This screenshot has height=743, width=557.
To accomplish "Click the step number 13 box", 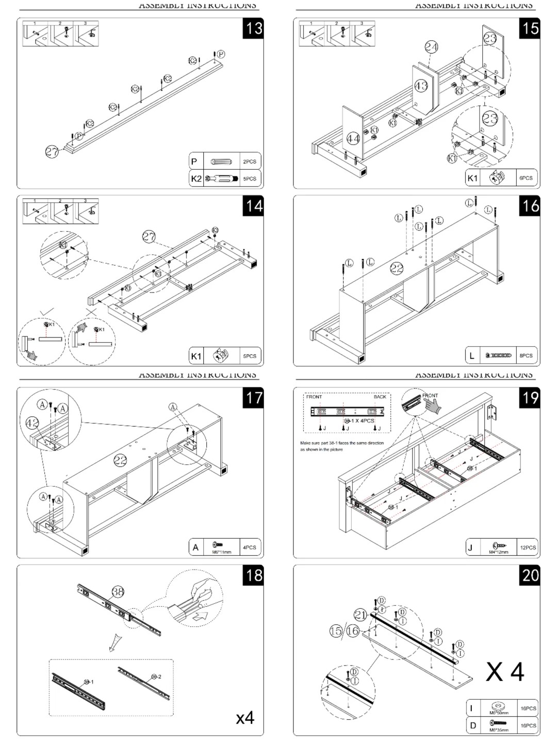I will (x=253, y=28).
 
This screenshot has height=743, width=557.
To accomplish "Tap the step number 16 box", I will (x=530, y=206).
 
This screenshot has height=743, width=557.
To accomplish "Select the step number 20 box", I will (x=530, y=575).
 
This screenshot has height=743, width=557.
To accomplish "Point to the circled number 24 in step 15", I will (x=431, y=47).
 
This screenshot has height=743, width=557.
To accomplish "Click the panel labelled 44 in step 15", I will (x=353, y=138).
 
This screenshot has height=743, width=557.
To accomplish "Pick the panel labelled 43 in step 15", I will (x=421, y=86).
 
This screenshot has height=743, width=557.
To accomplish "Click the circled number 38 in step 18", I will (x=118, y=592).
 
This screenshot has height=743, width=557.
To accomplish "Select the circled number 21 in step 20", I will (x=361, y=615).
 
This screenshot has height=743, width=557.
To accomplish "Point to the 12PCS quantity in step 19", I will (x=528, y=547).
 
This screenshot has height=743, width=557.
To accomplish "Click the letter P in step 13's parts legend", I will (x=194, y=161).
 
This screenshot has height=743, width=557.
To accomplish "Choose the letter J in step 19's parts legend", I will (x=470, y=547).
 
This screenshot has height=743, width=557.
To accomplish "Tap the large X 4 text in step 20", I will (x=505, y=672).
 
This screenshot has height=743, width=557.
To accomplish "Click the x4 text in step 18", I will (x=245, y=717).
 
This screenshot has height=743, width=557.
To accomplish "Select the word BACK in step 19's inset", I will (x=380, y=397).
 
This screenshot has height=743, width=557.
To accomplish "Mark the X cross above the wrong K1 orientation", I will (x=91, y=312).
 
